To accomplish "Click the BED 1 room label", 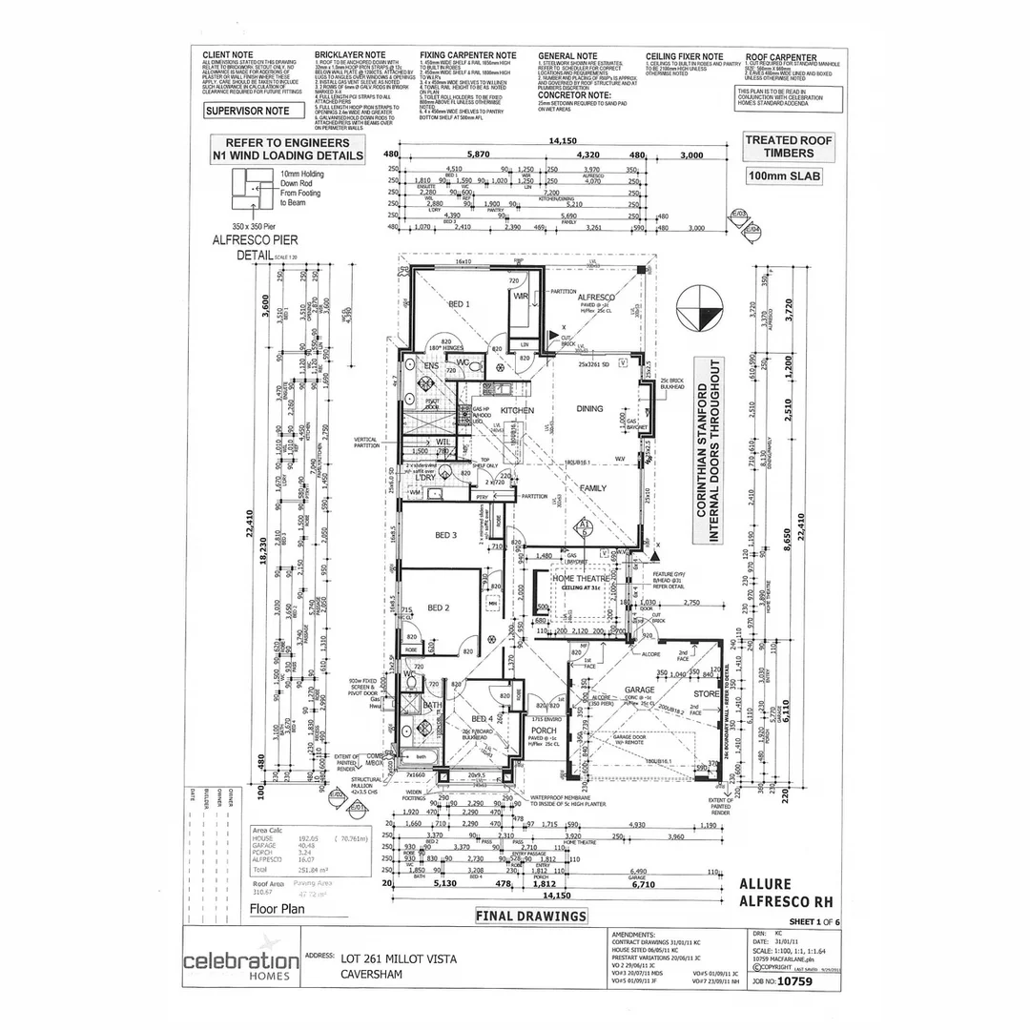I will pyautogui.click(x=460, y=303).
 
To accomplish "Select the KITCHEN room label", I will pyautogui.click(x=516, y=410).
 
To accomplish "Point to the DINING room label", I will pyautogui.click(x=590, y=409).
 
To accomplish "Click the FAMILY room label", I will pyautogui.click(x=594, y=487).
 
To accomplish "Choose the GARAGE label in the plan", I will pyautogui.click(x=639, y=690).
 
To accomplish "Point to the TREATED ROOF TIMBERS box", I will pyautogui.click(x=788, y=146).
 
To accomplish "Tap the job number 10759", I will pyautogui.click(x=797, y=979).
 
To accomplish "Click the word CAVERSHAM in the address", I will pyautogui.click(x=372, y=974).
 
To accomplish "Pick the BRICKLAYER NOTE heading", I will pyautogui.click(x=350, y=56).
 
